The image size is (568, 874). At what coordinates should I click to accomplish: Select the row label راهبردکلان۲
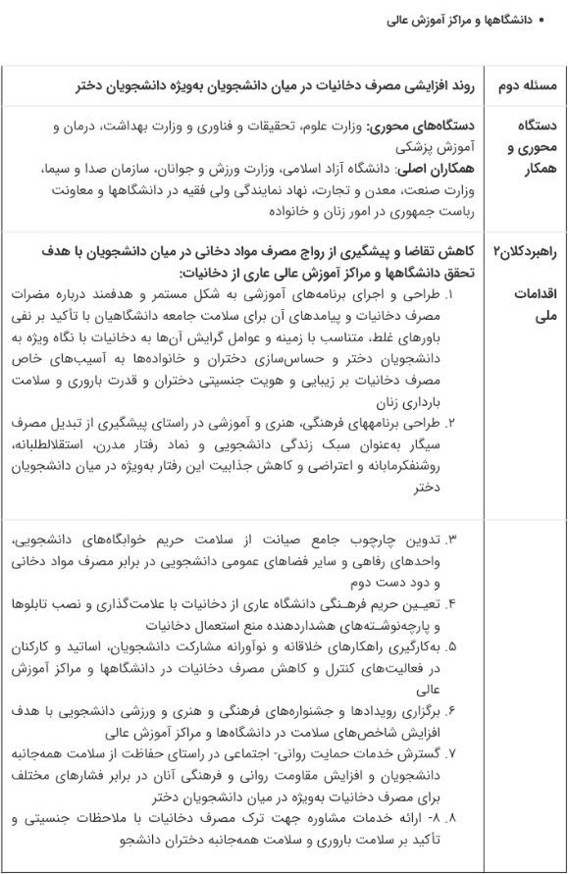click(x=527, y=251)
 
